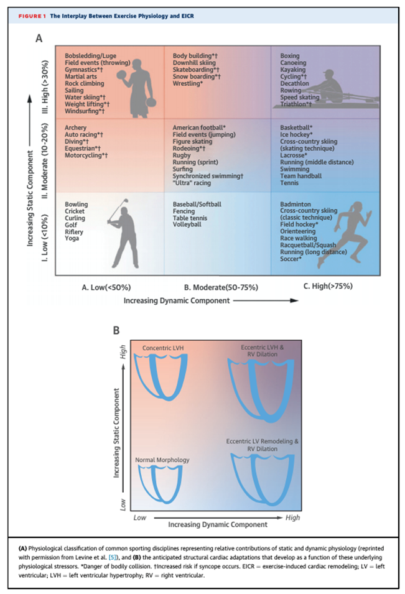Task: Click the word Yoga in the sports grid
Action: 72,238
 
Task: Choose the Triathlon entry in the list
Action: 294,104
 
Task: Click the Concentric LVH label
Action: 162,347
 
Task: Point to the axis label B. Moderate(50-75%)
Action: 221,287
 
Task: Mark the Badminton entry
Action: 296,204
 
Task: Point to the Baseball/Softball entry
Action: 197,204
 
